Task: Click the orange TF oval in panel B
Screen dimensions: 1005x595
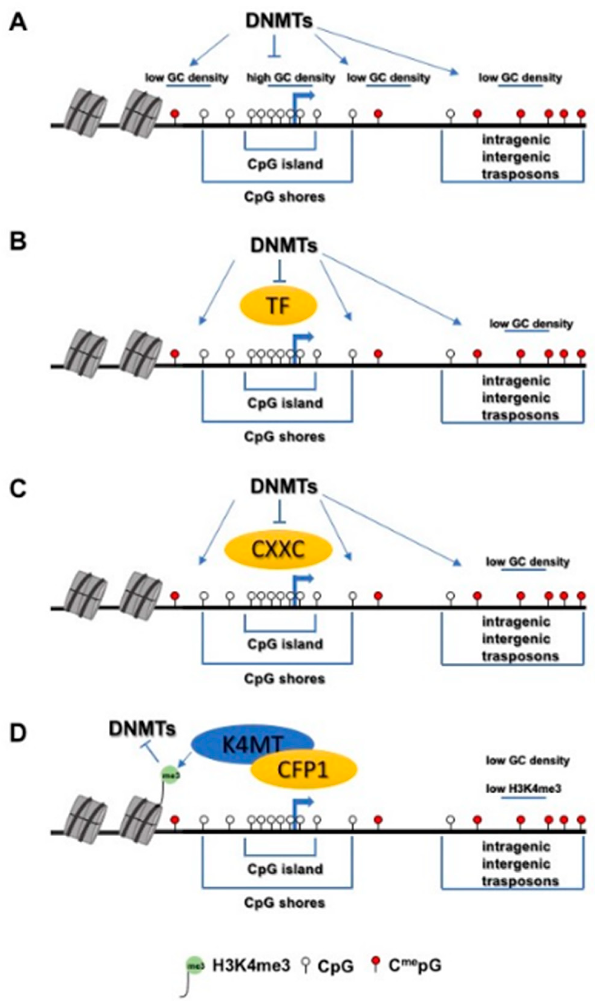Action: tap(278, 306)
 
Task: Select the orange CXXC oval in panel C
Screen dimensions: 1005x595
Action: tap(278, 550)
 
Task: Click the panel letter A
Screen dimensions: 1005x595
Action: tap(18, 22)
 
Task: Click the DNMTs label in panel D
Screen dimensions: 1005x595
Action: tap(142, 729)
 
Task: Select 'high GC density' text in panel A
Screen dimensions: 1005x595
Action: tap(290, 77)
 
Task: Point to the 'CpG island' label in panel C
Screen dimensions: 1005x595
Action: tap(285, 644)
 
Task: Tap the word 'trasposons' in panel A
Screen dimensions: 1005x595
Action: tap(520, 174)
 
